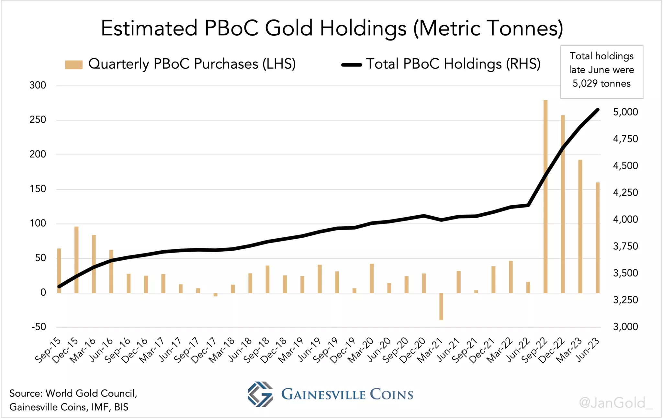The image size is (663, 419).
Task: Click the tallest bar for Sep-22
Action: [545, 194]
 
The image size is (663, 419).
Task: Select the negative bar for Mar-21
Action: [441, 306]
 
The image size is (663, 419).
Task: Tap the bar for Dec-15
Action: [76, 259]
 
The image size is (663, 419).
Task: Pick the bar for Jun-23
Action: [598, 238]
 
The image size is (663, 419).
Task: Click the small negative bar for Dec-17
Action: [215, 294]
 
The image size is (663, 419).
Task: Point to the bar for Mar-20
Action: [372, 278]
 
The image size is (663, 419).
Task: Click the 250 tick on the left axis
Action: [38, 120]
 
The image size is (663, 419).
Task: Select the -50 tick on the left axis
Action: [39, 327]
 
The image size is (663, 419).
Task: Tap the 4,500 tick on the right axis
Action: [625, 166]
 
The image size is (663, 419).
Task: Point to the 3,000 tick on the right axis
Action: [625, 327]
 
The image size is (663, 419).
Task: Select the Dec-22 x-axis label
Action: [552, 350]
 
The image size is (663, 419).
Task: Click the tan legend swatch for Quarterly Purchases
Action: [74, 64]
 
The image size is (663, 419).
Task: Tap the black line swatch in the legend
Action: [352, 65]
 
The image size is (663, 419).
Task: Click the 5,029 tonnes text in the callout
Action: [601, 84]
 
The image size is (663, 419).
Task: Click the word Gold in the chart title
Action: [289, 28]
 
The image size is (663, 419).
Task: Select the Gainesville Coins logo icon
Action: [260, 394]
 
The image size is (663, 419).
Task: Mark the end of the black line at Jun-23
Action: [598, 110]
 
